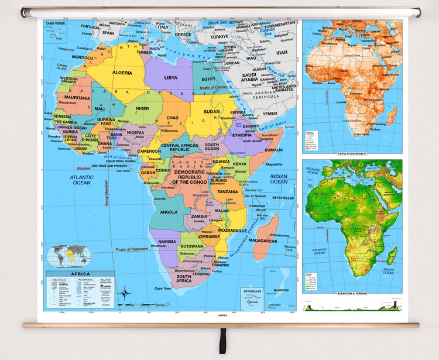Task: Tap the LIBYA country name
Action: pyautogui.click(x=170, y=77)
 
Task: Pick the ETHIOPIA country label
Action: pyautogui.click(x=242, y=135)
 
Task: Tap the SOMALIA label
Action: pyautogui.click(x=273, y=150)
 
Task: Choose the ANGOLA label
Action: pyautogui.click(x=169, y=212)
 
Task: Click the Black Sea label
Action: pyautogui.click(x=219, y=23)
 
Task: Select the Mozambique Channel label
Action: pyautogui.click(x=245, y=240)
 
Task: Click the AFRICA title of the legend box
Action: pyautogui.click(x=81, y=274)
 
